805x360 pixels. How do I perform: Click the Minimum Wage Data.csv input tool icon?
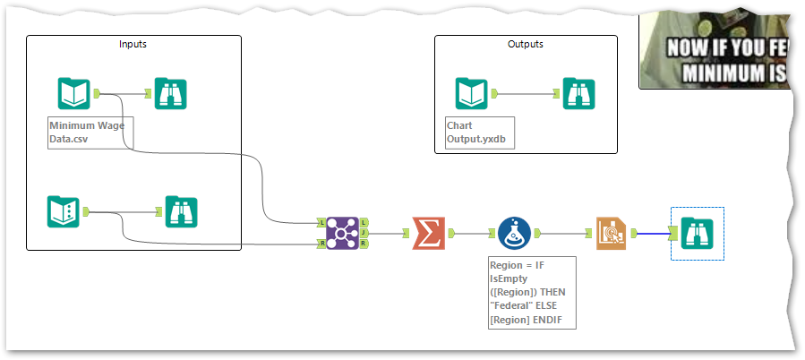[74, 93]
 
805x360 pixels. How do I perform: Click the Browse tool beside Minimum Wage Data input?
[170, 93]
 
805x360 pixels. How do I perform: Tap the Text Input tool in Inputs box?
[64, 211]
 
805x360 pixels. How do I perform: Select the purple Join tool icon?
[342, 233]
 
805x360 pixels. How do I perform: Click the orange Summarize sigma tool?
[428, 233]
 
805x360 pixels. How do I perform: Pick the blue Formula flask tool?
[514, 233]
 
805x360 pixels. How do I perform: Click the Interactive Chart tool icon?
[612, 233]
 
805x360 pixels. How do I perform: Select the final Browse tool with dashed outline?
[697, 233]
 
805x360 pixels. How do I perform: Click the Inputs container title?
[133, 44]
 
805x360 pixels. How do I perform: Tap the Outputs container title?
[525, 44]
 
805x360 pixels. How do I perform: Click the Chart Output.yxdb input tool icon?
[471, 93]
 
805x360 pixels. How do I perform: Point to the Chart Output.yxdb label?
[480, 133]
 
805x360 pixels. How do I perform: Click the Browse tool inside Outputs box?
[578, 93]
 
